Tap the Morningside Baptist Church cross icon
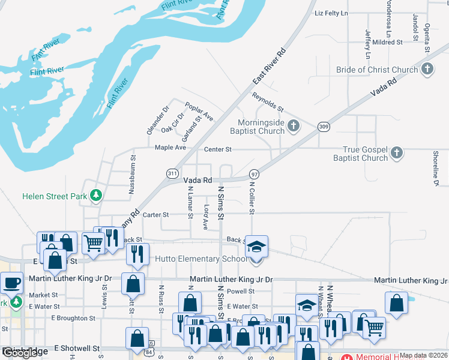point(293,126)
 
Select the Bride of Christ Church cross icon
point(427,69)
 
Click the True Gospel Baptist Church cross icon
point(396,153)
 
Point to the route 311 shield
point(172,173)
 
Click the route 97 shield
point(255,173)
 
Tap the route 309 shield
point(324,127)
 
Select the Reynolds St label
point(268,101)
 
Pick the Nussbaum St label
point(132,175)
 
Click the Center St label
point(217,149)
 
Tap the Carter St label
point(156,214)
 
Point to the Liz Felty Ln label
point(331,13)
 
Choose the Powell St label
point(241,292)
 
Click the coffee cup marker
point(12,281)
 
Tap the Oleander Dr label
point(150,120)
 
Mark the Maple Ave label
point(170,148)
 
